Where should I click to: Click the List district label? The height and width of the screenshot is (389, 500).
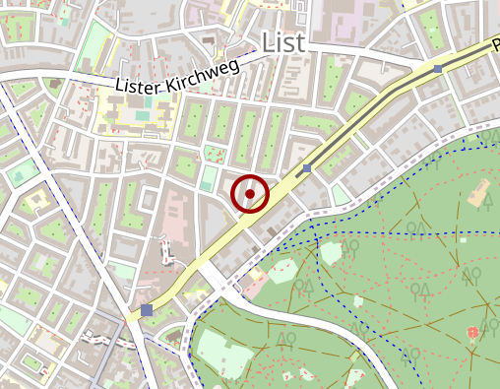click(284, 42)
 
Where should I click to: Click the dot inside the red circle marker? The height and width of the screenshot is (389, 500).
click(250, 194)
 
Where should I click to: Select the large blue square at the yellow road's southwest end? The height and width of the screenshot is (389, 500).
click(147, 310)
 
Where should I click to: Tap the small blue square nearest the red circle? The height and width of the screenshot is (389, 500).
click(307, 169)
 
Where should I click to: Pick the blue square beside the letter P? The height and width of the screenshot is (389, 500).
click(438, 68)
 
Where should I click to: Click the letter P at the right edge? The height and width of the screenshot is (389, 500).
click(495, 46)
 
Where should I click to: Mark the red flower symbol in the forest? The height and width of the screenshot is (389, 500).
click(473, 333)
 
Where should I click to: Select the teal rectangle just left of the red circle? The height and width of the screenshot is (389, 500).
click(207, 178)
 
